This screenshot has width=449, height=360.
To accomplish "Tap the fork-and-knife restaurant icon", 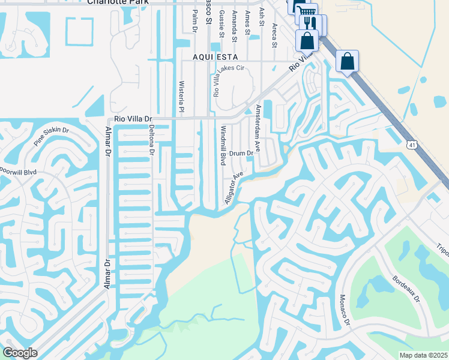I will click(x=311, y=23).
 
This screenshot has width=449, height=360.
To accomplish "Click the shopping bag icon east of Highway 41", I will click(x=347, y=61).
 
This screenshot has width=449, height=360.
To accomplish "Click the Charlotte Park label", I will click(x=116, y=2).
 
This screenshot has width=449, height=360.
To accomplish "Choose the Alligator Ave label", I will click(x=233, y=187).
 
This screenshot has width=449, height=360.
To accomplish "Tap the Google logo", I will click(x=20, y=353).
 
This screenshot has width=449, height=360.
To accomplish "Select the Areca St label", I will click(x=274, y=35).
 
